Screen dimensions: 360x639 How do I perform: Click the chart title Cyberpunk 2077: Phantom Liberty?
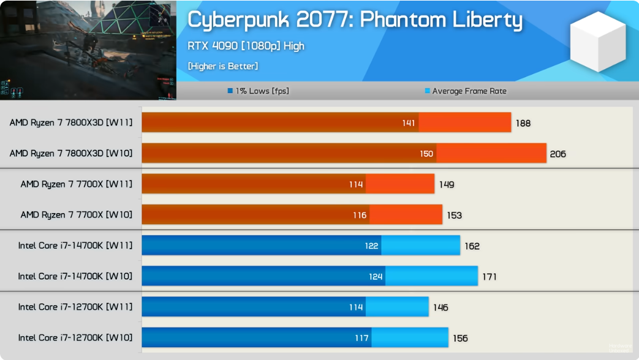355,20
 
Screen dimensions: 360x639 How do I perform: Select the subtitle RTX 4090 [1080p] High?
246,46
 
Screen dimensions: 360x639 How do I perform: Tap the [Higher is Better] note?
223,66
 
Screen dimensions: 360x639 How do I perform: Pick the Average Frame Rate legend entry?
466,91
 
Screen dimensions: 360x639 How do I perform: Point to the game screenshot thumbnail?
88,50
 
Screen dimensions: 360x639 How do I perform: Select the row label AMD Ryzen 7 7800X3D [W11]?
71,122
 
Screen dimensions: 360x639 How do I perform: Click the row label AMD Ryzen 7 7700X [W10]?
77,215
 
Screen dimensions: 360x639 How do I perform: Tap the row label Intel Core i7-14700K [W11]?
75,246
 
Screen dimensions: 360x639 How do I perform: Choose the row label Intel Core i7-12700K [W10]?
75,337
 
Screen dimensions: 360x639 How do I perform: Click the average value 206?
558,154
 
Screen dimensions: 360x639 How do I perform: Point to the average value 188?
523,123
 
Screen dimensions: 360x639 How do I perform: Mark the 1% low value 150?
426,154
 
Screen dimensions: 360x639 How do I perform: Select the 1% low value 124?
376,276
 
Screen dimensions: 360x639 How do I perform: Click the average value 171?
489,276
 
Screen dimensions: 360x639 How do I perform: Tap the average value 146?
440,307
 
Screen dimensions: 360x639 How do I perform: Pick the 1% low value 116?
360,215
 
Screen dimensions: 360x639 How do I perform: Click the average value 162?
472,246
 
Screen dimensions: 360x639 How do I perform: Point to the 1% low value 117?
361,337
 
